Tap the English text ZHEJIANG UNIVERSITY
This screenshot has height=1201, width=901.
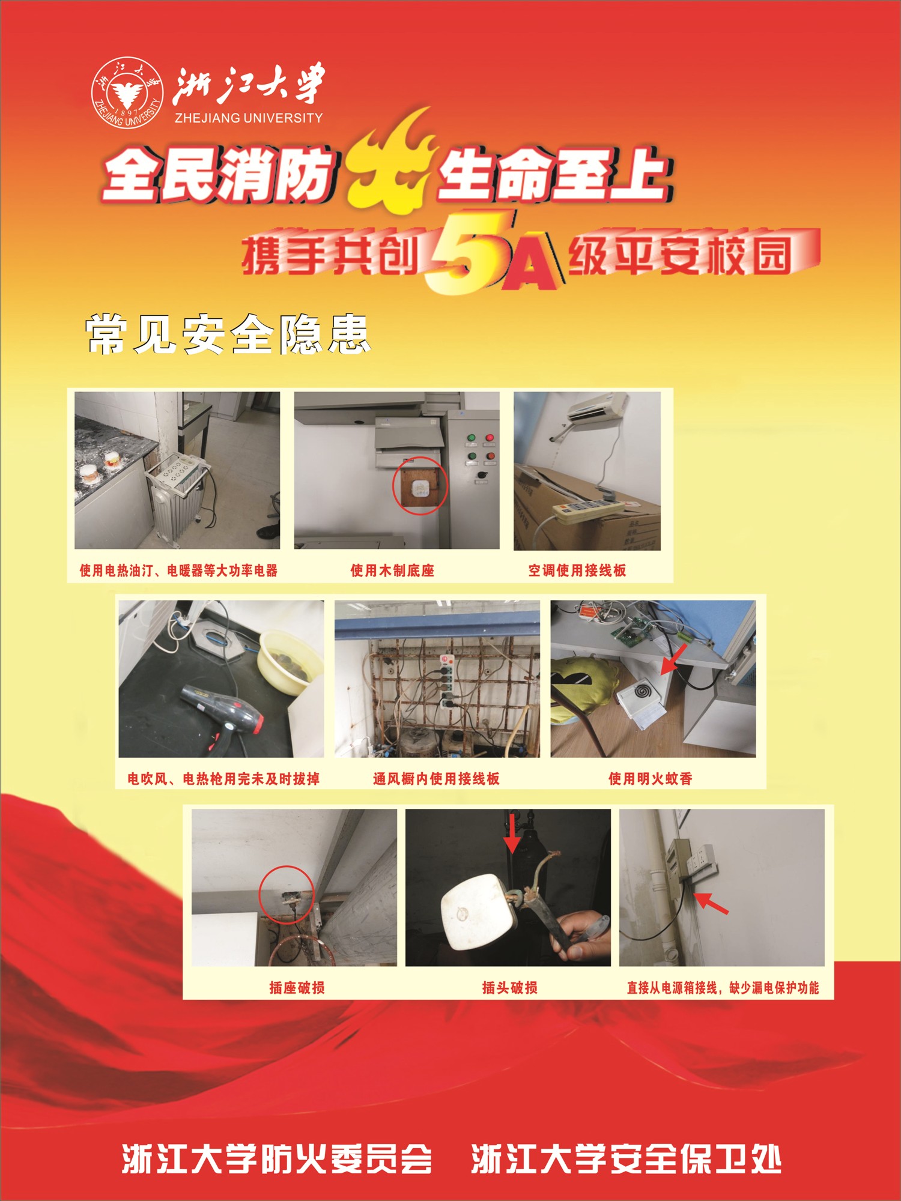point(249,118)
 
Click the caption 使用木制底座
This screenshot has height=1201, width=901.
point(392,570)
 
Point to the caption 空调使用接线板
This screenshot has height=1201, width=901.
point(577,570)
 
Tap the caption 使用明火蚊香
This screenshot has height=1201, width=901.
point(651,778)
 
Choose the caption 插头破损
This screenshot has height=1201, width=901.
point(509,987)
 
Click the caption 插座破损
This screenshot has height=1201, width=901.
point(297,987)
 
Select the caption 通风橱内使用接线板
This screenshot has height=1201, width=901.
point(436,778)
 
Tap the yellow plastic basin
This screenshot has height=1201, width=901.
point(291,661)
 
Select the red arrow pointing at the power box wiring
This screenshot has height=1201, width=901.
point(711,903)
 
